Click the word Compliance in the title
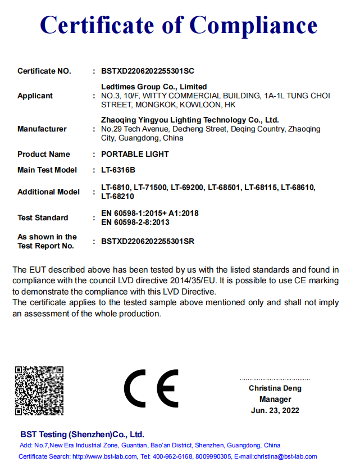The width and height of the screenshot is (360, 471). coord(253,25)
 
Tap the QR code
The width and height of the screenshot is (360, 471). coord(39,391)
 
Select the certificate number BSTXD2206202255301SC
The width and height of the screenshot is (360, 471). coord(148,71)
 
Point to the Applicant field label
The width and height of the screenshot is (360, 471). coord(35,96)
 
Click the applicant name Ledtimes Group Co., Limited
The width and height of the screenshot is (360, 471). coord(154,87)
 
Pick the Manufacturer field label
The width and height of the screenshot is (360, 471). coord(42,129)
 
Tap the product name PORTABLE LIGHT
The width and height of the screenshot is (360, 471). coord(135,154)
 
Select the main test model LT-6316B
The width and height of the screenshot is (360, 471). coord(119,170)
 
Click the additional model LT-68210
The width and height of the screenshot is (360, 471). coord(118,196)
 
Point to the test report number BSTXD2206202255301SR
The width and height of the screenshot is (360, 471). coord(148,241)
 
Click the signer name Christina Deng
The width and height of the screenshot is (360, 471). coord(275,388)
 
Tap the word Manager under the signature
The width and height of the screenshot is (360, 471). coord(275,400)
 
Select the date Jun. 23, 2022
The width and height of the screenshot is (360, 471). coord(275,411)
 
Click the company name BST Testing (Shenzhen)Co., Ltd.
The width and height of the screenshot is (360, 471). coord(82,434)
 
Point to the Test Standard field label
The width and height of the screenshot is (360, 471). coord(43,218)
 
